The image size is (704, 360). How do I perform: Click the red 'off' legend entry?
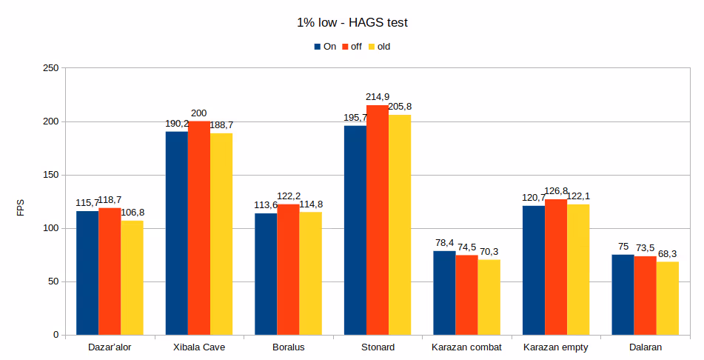[351, 47]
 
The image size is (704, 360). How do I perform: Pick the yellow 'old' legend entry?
[378, 47]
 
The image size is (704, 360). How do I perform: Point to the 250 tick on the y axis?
[50, 68]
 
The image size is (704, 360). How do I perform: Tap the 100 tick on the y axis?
[50, 228]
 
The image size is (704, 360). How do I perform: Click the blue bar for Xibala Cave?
[176, 233]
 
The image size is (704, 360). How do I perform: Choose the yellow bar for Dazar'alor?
[132, 278]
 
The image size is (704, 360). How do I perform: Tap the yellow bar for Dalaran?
[667, 298]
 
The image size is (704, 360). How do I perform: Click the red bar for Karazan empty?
[556, 267]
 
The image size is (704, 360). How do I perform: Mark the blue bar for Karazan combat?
[444, 293]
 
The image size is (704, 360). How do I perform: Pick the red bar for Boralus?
[288, 270]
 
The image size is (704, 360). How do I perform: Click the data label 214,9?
[378, 97]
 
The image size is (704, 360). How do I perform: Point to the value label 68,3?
[668, 253]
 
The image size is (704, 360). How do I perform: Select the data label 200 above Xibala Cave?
[198, 113]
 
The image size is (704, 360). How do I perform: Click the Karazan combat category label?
[466, 347]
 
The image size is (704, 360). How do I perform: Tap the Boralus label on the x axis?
[288, 347]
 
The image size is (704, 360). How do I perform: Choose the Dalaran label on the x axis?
[645, 347]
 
